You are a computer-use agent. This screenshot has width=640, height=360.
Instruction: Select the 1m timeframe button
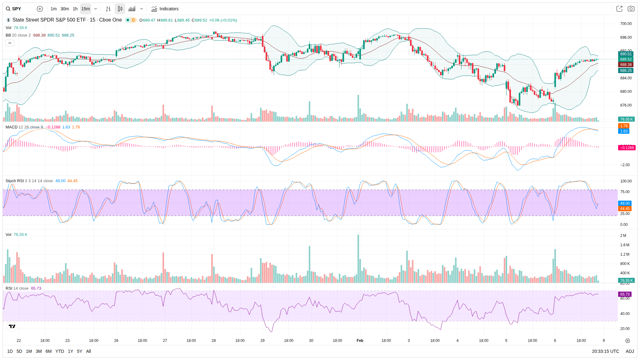click(54, 9)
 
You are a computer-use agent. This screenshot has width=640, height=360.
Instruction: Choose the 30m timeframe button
click(65, 9)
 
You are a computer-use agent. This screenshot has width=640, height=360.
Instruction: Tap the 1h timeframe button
click(75, 9)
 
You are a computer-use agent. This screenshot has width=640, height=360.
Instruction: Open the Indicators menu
click(165, 9)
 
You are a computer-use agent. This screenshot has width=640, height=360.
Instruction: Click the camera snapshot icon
click(631, 9)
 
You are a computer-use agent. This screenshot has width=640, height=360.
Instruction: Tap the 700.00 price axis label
click(626, 24)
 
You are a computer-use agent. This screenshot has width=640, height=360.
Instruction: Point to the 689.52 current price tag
click(626, 59)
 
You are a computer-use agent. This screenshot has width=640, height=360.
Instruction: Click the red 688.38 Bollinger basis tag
click(626, 65)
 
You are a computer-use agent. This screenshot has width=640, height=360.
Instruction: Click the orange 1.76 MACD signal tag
click(624, 126)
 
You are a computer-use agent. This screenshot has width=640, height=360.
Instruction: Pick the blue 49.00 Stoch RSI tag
click(625, 203)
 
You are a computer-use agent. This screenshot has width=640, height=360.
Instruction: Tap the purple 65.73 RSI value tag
click(625, 294)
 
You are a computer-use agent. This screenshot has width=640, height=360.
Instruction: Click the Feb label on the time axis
click(360, 341)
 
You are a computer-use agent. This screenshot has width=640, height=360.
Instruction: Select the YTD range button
click(60, 351)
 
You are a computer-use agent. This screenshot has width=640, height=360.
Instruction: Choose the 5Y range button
click(80, 351)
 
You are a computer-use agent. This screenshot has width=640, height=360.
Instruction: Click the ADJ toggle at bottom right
click(630, 351)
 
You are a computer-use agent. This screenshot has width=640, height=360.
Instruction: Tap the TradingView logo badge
click(12, 326)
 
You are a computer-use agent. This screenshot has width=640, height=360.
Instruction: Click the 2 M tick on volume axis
click(623, 236)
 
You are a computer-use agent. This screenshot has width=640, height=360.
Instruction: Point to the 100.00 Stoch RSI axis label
click(626, 181)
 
